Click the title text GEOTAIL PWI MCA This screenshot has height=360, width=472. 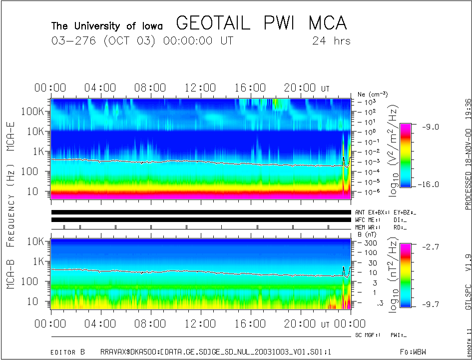coord(261,23)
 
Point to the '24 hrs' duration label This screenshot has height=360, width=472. coord(331,41)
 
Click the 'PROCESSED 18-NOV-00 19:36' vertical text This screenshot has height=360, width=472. coord(468,154)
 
